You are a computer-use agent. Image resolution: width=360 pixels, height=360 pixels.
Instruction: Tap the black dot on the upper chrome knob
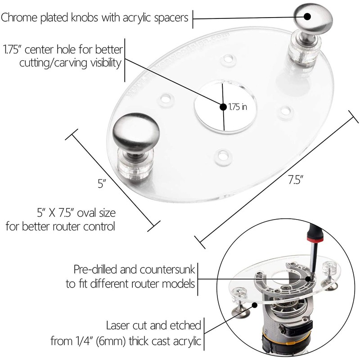point(308,17)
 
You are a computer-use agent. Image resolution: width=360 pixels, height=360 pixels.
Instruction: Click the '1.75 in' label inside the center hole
point(238,107)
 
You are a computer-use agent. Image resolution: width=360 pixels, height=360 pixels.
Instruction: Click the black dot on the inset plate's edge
point(255,305)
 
